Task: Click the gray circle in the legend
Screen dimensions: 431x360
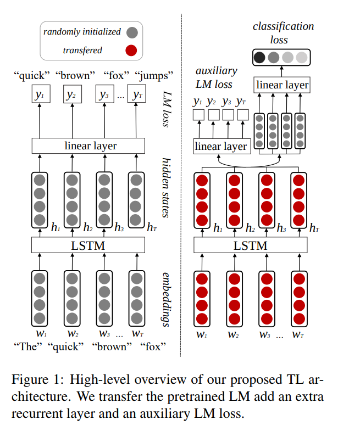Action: (x=131, y=32)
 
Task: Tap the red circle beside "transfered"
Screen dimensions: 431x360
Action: (x=131, y=51)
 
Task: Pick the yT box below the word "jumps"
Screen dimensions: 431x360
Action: (x=137, y=95)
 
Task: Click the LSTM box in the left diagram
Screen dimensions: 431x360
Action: (x=88, y=245)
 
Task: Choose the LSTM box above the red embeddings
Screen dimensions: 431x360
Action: (x=251, y=245)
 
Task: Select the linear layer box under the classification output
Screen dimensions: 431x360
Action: (x=282, y=85)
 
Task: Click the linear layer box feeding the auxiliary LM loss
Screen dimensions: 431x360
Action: (x=221, y=146)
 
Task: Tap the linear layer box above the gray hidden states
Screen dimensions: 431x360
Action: (x=88, y=145)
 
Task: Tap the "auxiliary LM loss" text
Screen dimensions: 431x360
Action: (x=215, y=77)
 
